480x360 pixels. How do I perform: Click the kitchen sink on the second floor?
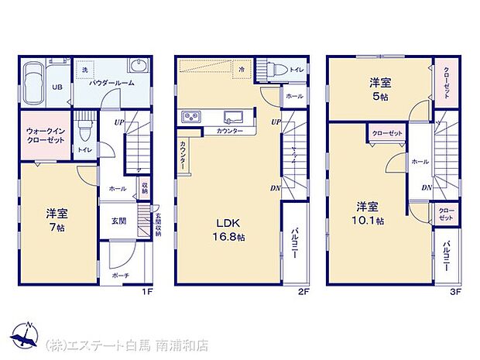click(x=231, y=118)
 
